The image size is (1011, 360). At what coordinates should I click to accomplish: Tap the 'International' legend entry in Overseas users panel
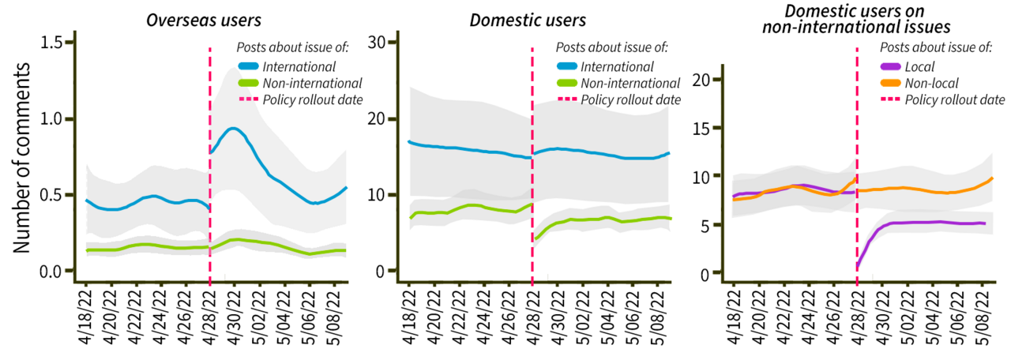click(300, 66)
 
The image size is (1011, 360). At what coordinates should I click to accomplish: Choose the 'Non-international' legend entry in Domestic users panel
click(630, 83)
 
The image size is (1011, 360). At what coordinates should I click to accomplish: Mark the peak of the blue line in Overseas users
click(233, 128)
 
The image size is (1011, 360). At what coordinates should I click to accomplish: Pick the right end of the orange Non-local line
click(992, 178)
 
